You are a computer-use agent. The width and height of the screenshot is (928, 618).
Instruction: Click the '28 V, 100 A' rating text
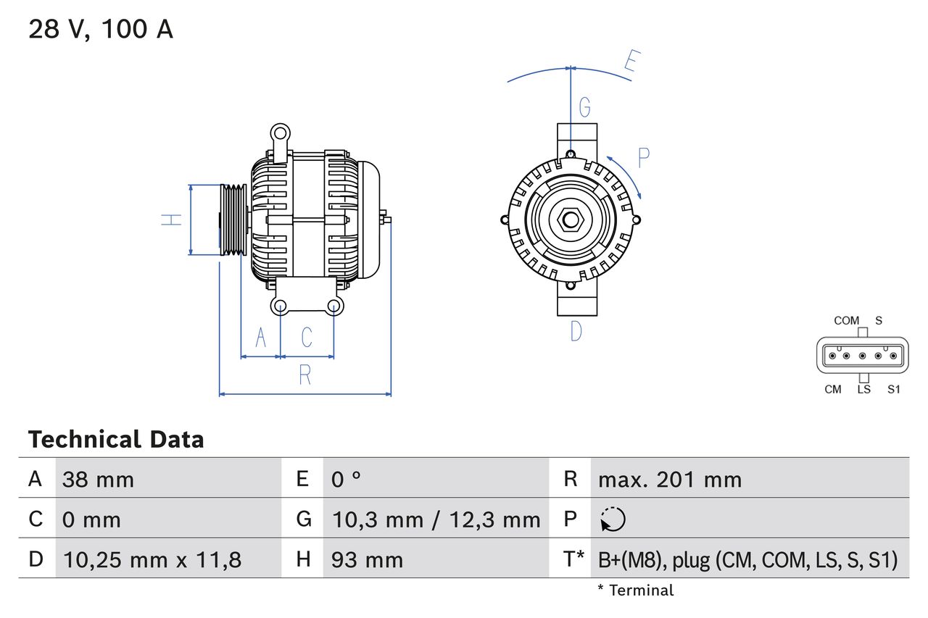point(101,30)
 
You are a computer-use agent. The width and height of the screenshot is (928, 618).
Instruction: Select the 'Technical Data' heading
point(116,439)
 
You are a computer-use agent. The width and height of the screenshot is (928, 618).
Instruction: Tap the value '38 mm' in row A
point(98,479)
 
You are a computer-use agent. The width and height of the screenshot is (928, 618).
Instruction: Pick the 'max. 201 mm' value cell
point(669,479)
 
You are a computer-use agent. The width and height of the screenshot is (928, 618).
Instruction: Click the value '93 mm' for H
point(367,559)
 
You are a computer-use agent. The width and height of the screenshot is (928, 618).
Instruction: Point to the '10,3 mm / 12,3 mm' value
point(436,519)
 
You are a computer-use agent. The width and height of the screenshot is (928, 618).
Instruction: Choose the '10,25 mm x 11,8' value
point(152,559)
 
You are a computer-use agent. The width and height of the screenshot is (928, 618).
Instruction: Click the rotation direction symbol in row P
point(613,519)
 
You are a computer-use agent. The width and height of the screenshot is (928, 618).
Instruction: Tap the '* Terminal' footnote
point(635,590)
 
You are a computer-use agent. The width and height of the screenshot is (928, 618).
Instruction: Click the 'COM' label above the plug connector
point(846,320)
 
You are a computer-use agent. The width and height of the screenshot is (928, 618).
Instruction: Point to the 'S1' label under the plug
point(894,390)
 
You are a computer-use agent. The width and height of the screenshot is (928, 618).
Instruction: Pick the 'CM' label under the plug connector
point(833,390)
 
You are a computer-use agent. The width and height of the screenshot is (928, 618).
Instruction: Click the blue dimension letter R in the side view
point(305,375)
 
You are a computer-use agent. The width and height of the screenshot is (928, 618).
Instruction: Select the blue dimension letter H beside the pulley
point(171,220)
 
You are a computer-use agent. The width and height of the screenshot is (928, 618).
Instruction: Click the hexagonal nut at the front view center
point(571,220)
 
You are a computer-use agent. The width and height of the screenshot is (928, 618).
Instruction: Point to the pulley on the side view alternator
point(233,220)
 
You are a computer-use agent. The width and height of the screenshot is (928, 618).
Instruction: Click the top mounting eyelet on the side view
point(279,133)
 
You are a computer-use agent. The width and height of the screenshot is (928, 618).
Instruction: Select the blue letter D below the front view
point(576,331)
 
